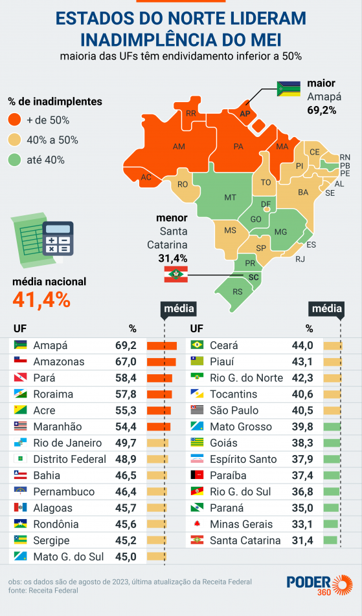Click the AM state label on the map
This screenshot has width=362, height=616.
pos(179,147)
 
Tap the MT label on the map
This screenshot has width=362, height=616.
pos(230,196)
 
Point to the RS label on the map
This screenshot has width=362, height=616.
pos(238,292)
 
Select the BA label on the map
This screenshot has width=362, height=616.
pos(303,192)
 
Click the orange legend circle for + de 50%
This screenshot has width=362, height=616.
pos(15,120)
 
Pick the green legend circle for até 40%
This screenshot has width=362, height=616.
pos(15,160)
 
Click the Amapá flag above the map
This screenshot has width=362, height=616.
pos(288,89)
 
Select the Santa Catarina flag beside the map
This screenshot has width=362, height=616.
pos(175,273)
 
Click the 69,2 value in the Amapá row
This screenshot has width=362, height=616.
pos(125,345)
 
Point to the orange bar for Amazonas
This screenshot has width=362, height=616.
pos(162,362)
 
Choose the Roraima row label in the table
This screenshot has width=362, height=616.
pos(53,394)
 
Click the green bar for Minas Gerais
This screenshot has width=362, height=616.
pos(332,524)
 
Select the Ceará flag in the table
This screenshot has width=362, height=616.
pos(198,345)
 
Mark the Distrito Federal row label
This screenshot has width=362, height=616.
pos(69,459)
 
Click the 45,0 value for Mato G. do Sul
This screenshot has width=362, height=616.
pos(125,557)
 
